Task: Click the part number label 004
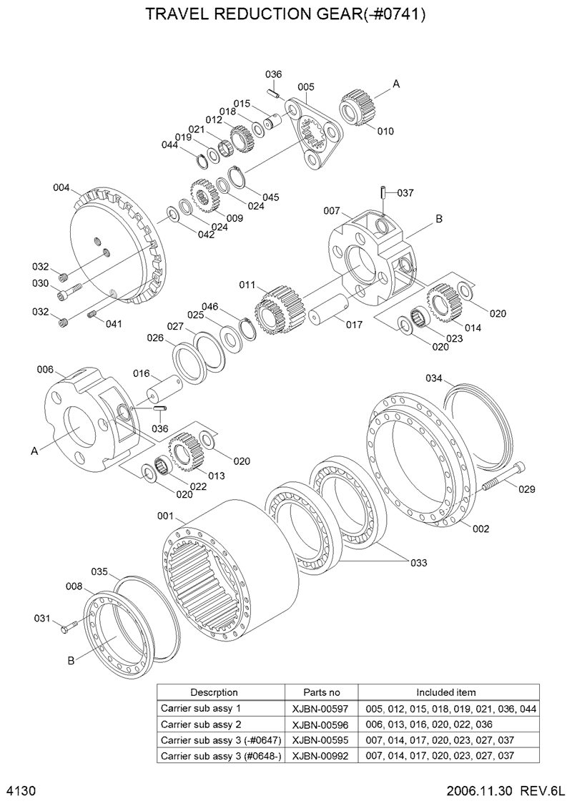(61, 188)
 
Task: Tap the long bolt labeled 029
(505, 478)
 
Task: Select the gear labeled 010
(358, 106)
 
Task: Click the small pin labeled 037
(383, 193)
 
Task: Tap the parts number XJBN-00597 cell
(321, 708)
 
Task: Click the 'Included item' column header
(445, 692)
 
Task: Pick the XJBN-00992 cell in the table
(321, 755)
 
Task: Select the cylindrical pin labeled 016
(164, 393)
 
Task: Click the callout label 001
(166, 516)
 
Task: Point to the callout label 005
(305, 87)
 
